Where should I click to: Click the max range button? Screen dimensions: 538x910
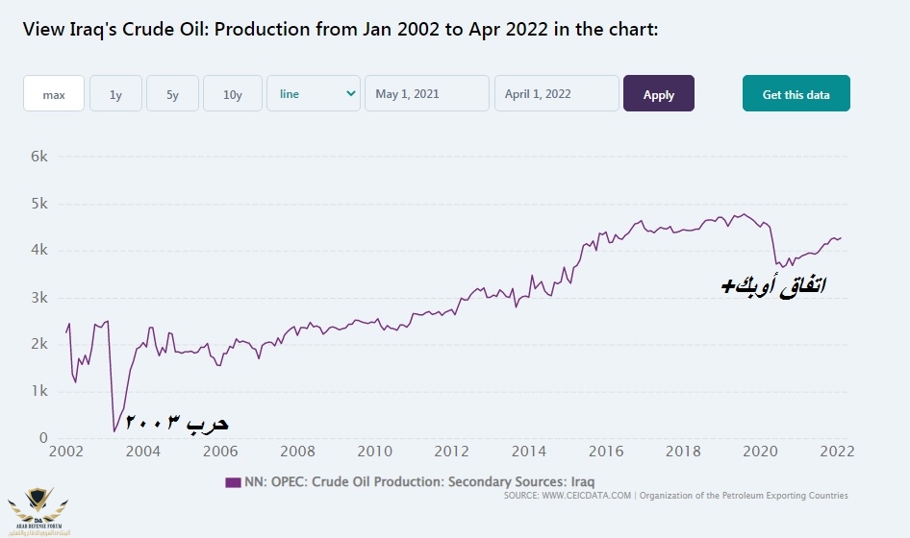click(x=54, y=94)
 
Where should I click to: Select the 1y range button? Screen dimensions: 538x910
click(x=115, y=94)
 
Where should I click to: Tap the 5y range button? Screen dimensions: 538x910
click(x=173, y=94)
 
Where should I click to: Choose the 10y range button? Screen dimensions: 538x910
click(x=233, y=94)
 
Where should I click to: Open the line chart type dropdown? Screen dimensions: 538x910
click(x=314, y=94)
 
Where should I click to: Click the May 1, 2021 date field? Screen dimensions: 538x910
click(x=427, y=94)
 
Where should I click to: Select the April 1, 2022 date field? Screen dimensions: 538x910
click(x=556, y=94)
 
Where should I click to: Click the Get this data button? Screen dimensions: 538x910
click(x=796, y=94)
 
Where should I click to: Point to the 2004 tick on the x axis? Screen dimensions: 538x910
click(x=142, y=452)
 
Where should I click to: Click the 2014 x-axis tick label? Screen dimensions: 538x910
click(x=529, y=452)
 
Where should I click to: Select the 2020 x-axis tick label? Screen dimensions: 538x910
click(x=761, y=452)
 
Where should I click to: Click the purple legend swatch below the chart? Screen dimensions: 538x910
click(x=233, y=481)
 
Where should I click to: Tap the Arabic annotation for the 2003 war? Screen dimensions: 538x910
click(x=177, y=423)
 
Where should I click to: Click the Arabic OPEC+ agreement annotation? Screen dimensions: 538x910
click(x=773, y=285)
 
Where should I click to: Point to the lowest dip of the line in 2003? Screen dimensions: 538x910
click(x=114, y=430)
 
